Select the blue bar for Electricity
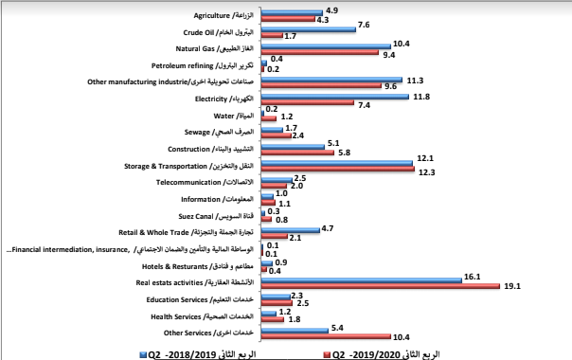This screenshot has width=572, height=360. pyautogui.click(x=334, y=97)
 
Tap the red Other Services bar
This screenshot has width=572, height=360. pyautogui.click(x=325, y=335)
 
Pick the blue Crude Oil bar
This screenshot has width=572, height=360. pyautogui.click(x=308, y=28)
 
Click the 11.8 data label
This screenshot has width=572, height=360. pyautogui.click(x=421, y=96)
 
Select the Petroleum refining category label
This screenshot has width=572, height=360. pyautogui.click(x=204, y=67)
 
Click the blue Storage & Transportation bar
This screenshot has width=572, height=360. pyautogui.click(x=337, y=164)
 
